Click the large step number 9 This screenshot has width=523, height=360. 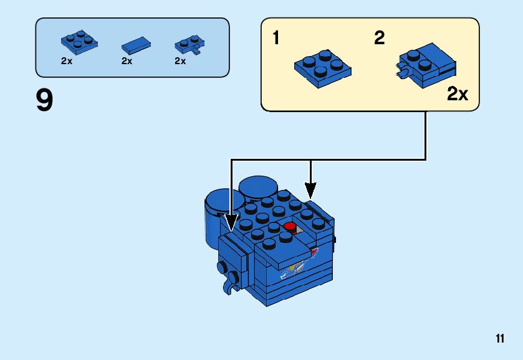45,102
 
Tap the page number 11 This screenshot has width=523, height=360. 499,339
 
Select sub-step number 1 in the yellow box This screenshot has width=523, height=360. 276,39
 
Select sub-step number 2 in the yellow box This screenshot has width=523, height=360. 379,39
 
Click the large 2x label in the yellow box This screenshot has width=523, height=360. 457,94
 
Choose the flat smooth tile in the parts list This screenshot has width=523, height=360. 136,45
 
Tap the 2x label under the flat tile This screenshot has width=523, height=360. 127,61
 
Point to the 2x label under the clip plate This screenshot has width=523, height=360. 180,61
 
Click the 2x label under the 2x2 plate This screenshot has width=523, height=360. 67,61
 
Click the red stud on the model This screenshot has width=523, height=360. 289,226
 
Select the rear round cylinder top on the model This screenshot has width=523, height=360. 258,186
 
